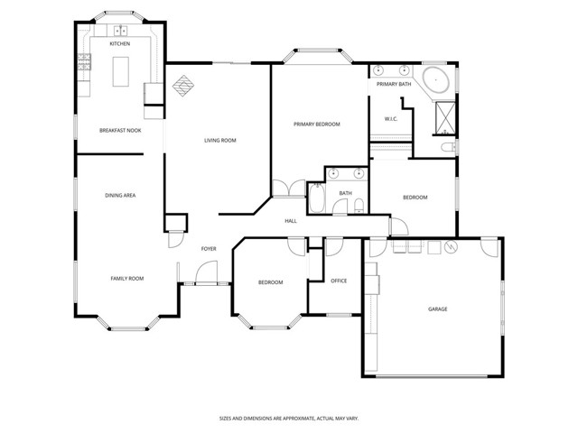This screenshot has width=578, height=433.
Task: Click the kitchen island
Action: point(121,71)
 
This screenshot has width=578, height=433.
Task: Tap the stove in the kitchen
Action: point(85,62)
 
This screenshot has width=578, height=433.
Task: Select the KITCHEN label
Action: point(120,43)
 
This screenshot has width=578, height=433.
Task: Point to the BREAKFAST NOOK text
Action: point(119,131)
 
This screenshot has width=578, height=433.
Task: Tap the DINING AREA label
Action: point(120,195)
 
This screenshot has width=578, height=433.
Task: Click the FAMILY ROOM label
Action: point(127,279)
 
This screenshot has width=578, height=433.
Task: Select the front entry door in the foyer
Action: point(205,272)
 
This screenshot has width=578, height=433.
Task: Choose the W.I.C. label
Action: point(391,118)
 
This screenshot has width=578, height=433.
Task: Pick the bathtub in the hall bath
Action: point(318,198)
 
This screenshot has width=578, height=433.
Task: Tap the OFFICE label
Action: point(339,281)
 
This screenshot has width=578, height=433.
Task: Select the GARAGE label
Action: point(437,309)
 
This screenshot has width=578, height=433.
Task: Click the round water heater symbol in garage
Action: point(450,247)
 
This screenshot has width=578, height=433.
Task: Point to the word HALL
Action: point(291,221)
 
